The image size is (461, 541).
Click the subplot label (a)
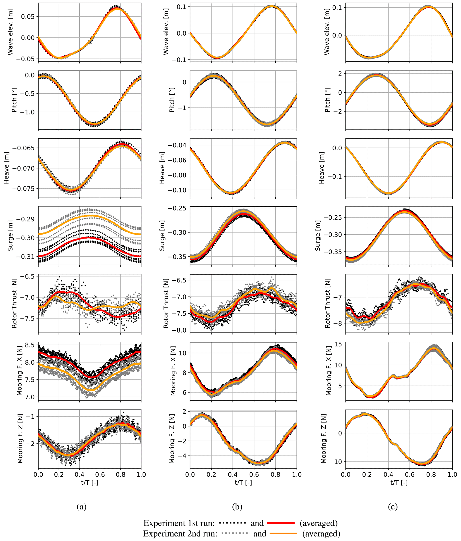tap(81, 506)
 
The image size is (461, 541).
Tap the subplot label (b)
tap(237, 506)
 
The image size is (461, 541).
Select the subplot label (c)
tap(393, 506)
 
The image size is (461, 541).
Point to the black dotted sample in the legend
tap(233, 523)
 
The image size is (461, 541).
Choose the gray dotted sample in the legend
tap(234, 533)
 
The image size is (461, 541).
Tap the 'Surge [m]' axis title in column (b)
tap(162, 236)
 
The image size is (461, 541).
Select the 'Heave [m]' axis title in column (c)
tap(322, 168)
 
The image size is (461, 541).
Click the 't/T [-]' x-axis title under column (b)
tap(243, 482)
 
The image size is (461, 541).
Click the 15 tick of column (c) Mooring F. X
tap(338, 344)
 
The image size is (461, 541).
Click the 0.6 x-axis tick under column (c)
tap(410, 474)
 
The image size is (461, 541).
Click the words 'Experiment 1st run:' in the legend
tap(179, 523)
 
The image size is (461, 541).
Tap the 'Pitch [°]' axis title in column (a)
tap(14, 100)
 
